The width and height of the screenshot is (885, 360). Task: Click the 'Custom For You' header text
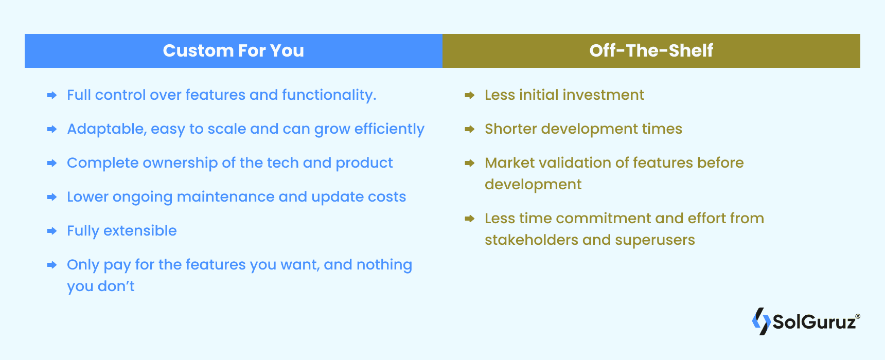233,50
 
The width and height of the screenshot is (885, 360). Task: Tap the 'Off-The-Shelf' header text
651,50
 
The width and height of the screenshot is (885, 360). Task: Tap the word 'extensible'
140,231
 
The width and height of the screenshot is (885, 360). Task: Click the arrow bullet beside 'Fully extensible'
51,231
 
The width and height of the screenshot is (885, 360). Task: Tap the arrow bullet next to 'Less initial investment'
469,95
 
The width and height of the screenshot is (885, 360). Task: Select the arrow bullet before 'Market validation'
469,163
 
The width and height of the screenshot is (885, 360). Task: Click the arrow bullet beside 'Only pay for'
51,265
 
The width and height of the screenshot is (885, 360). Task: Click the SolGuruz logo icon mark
761,321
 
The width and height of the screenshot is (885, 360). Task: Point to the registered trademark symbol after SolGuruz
857,316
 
